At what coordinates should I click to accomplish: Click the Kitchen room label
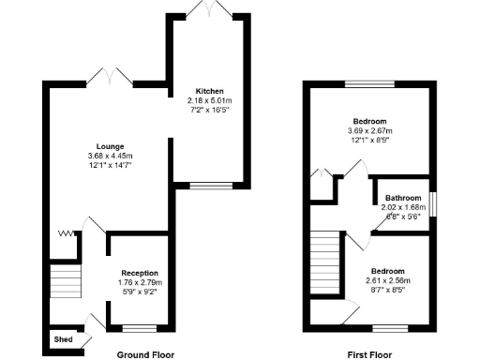(x=207, y=91)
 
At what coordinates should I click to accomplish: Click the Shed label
(x=64, y=339)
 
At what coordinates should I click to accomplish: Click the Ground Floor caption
(x=145, y=355)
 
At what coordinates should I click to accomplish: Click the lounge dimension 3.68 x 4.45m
(x=111, y=156)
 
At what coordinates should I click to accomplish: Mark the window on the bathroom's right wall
(x=433, y=202)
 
